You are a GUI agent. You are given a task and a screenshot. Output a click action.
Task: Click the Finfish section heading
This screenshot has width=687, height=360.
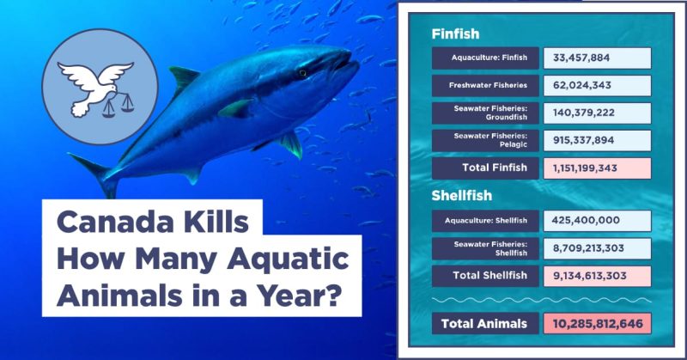coord(455,34)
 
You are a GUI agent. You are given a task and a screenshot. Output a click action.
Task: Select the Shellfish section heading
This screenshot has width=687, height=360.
coord(461,196)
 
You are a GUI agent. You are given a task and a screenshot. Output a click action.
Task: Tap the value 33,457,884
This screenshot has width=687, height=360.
coord(581,58)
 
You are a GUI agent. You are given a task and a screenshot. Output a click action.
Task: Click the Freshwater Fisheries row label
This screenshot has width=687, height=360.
coord(488,86)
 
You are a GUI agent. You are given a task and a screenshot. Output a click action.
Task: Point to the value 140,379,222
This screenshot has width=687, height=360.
coord(584,113)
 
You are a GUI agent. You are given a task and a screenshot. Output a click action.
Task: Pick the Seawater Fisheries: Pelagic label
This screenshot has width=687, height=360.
coord(490,140)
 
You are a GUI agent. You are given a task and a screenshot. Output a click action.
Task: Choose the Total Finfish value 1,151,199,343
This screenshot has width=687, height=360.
coord(585,168)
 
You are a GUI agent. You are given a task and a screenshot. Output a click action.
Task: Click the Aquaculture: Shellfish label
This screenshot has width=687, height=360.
coord(486,221)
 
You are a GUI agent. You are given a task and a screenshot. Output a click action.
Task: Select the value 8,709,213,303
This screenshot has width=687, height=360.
coord(588,248)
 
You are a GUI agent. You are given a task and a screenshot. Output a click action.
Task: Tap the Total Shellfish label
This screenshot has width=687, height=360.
coord(489,276)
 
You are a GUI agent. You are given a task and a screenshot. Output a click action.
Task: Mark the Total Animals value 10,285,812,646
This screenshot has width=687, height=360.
coord(598,324)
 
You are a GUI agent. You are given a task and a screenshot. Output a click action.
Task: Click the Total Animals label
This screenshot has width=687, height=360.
coord(484,324)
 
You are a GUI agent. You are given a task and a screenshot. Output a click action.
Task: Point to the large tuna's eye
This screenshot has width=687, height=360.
coord(303,73)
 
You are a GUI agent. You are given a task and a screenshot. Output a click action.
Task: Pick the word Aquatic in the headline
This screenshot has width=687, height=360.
coord(288,260)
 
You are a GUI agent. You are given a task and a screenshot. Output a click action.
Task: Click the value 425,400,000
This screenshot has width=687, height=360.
coord(587,221)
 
